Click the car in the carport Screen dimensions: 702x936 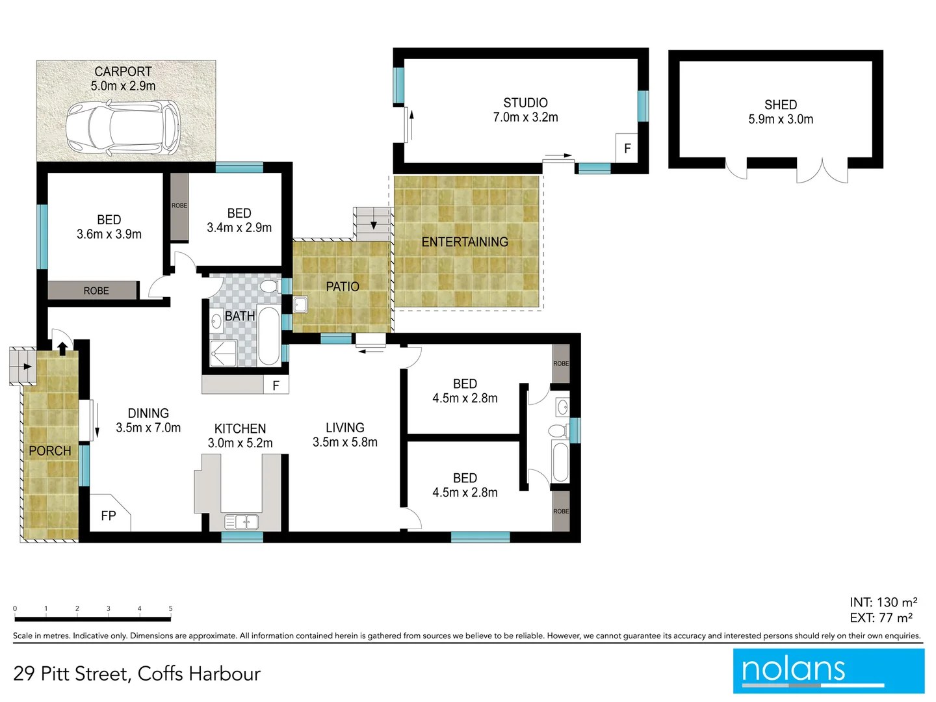tap(123, 126)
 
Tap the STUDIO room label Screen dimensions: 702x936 tap(525, 103)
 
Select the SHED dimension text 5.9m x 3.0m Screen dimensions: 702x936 tap(780, 120)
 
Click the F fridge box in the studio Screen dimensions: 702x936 tap(627, 148)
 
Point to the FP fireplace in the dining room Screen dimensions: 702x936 tap(109, 515)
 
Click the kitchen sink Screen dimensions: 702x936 tap(241, 522)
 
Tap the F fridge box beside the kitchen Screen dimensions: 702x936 tap(276, 385)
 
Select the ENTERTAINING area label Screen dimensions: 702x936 tap(465, 242)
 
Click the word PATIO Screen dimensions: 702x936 tap(343, 287)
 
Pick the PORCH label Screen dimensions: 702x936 tap(50, 450)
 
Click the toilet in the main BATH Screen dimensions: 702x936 tap(268, 286)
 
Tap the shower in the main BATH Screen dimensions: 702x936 tap(223, 354)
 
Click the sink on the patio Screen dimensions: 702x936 tap(300, 304)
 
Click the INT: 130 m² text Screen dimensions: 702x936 tap(883, 603)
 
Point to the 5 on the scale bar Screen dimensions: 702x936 tap(170, 609)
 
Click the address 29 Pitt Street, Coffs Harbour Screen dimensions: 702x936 tap(136, 673)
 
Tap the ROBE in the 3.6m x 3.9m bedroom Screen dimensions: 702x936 tap(96, 291)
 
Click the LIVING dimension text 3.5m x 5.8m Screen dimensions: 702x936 tap(344, 443)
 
